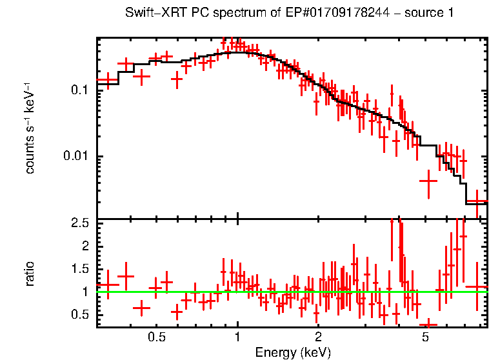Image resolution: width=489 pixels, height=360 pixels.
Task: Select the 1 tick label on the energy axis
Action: pyautogui.click(x=237, y=337)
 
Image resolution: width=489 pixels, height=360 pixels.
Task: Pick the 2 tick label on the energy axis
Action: pyautogui.click(x=318, y=337)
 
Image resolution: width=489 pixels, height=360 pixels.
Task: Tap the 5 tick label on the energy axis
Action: pyautogui.click(x=424, y=337)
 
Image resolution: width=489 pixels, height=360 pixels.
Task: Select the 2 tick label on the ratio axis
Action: pyautogui.click(x=86, y=246)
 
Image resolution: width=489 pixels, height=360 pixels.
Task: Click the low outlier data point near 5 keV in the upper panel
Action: pyautogui.click(x=428, y=181)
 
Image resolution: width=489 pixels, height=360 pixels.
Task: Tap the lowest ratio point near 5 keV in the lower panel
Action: pyautogui.click(x=428, y=325)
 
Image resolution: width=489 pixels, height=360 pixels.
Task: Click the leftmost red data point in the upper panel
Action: pyautogui.click(x=107, y=81)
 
